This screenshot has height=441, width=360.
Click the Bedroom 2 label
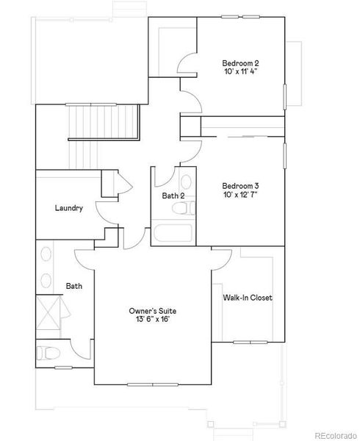pyautogui.click(x=240, y=63)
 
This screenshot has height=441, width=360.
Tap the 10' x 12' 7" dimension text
pyautogui.click(x=240, y=195)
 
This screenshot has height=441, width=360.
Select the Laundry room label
pyautogui.click(x=69, y=208)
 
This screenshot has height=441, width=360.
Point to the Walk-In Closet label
pyautogui.click(x=248, y=298)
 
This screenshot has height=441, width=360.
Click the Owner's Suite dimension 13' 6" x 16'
pyautogui.click(x=153, y=320)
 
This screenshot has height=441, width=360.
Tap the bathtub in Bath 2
pyautogui.click(x=173, y=232)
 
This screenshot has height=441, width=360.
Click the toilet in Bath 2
pyautogui.click(x=184, y=208)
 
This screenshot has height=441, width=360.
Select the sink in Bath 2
pyautogui.click(x=186, y=182)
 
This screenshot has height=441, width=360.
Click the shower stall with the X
pyautogui.click(x=48, y=312)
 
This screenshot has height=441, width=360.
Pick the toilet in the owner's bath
pyautogui.click(x=48, y=353)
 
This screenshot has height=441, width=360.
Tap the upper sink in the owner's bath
pyautogui.click(x=46, y=254)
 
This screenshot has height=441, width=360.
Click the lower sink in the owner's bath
pyautogui.click(x=46, y=281)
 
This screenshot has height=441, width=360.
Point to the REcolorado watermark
pyautogui.click(x=336, y=436)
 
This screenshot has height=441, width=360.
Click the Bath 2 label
pyautogui.click(x=173, y=196)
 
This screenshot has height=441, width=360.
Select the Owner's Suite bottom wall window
pyautogui.click(x=153, y=384)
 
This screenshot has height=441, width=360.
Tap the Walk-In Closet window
pyautogui.click(x=250, y=343)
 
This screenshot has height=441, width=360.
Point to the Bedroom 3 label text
pyautogui.click(x=240, y=186)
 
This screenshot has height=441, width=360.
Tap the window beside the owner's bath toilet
pyautogui.click(x=63, y=367)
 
